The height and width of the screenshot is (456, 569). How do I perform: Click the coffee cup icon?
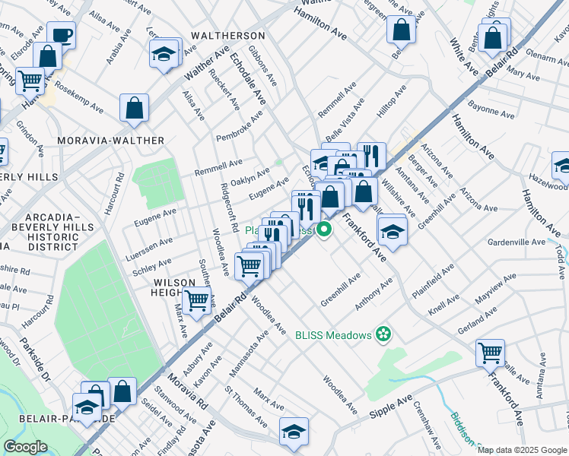tap(61, 34)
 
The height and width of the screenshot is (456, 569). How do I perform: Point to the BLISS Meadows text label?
tap(334, 334)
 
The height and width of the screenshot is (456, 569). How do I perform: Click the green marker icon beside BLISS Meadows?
tap(384, 334)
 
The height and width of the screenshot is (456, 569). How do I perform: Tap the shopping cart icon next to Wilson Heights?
tap(197, 302)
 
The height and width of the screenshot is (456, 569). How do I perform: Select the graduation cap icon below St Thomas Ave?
tap(294, 431)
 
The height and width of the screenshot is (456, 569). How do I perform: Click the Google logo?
tap(25, 447)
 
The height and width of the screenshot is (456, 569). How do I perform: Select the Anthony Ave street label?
tap(374, 293)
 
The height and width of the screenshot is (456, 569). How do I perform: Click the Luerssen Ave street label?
tap(153, 245)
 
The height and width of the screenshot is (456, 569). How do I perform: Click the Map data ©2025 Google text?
tap(521, 450)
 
